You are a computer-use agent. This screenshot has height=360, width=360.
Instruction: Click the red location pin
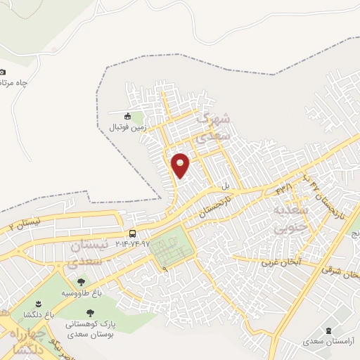pyautogui.click(x=181, y=165)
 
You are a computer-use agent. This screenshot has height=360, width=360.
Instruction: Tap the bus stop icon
pyautogui.click(x=132, y=233)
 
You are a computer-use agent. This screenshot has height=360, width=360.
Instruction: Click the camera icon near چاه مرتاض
pyautogui.click(x=2, y=72)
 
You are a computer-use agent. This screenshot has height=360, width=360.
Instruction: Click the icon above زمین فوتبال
pyautogui.click(x=127, y=117)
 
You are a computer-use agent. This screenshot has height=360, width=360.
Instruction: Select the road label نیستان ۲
pyautogui.click(x=21, y=225)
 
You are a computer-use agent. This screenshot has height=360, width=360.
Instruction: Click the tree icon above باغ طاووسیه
pyautogui.click(x=82, y=281)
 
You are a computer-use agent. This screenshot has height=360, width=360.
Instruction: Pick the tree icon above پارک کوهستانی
pyautogui.click(x=89, y=314)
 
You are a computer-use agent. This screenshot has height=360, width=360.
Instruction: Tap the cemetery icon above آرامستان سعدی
pyautogui.click(x=329, y=330)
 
